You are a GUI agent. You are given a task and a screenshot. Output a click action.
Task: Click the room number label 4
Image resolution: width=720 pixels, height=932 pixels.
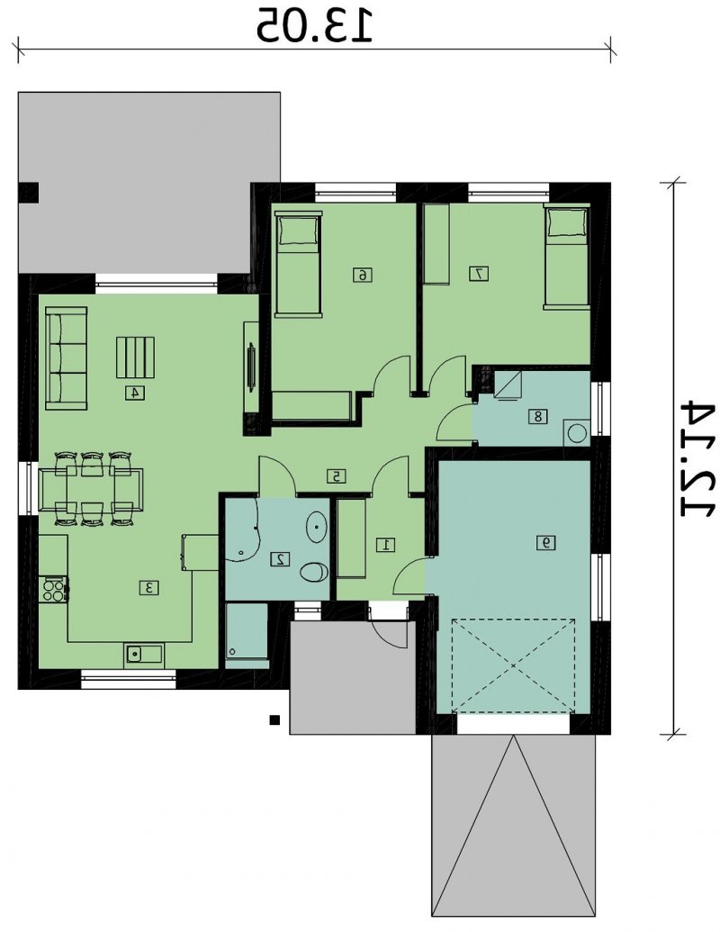tap(135, 393)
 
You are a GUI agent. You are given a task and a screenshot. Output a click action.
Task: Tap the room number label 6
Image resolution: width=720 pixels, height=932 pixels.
tap(363, 275)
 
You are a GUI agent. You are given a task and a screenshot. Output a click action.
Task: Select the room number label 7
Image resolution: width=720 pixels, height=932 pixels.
tap(479, 274)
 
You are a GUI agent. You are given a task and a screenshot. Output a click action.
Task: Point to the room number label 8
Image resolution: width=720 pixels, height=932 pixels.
tap(537, 417)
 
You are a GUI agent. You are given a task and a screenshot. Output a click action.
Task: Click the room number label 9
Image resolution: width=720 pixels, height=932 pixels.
tap(546, 542)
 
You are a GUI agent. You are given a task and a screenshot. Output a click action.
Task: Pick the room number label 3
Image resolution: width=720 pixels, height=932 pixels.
tap(149, 588)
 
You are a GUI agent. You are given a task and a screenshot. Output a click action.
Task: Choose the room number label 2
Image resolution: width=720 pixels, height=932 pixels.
tap(280, 558)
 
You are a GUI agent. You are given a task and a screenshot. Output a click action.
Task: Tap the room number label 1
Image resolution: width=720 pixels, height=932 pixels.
tap(386, 544)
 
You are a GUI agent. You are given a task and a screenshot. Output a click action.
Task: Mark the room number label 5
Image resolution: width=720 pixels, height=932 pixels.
tap(337, 476)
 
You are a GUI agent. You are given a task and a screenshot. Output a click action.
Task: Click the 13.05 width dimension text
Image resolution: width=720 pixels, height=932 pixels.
tap(314, 25)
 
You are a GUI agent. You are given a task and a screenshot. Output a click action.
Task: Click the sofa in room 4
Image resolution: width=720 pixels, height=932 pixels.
tap(67, 357)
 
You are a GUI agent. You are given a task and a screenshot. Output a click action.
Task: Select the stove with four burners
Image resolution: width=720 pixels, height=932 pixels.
tap(53, 590)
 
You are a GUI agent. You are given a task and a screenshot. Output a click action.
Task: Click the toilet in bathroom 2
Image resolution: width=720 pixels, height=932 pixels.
tap(314, 573)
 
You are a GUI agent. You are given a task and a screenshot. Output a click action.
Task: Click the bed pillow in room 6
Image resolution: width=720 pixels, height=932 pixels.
tap(298, 231)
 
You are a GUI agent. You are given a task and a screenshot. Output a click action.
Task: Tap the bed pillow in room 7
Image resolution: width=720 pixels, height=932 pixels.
tap(567, 223)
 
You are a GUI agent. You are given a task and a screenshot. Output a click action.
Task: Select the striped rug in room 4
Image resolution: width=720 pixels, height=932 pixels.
tap(135, 357)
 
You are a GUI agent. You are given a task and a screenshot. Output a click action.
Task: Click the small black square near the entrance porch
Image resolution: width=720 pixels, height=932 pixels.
tap(274, 719)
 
